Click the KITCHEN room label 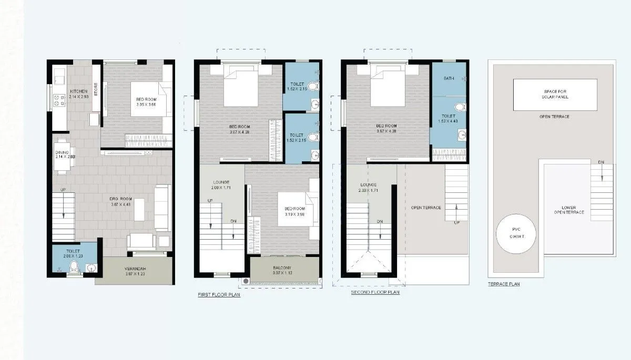point(79,91)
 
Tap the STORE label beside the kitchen point(96,87)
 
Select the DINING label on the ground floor point(62,152)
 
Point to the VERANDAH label point(135,268)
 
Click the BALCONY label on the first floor point(284,268)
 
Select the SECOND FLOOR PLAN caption point(375,292)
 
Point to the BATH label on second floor point(449,78)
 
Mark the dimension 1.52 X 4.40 point(448,121)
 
